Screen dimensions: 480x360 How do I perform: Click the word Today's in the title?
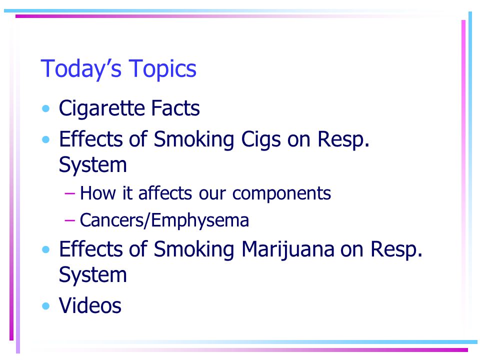click(81, 69)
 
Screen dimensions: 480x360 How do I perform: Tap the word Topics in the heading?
click(162, 69)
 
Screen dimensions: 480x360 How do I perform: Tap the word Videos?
click(90, 305)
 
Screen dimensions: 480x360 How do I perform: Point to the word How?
click(98, 193)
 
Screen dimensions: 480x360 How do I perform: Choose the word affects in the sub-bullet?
click(165, 193)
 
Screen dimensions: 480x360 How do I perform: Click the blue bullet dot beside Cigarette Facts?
click(46, 108)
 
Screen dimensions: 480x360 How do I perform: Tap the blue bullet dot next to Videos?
click(46, 306)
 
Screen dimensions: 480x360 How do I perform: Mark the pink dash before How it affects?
click(70, 194)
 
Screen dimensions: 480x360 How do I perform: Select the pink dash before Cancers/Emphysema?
click(70, 220)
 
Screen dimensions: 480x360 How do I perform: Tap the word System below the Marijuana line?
click(93, 275)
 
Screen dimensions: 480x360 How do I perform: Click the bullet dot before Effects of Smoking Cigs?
click(46, 140)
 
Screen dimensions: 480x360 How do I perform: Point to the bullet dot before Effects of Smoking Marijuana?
click(46, 250)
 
